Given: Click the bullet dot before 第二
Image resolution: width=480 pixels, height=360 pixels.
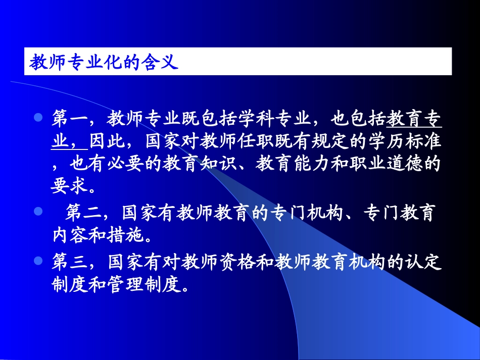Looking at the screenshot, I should (x=37, y=211).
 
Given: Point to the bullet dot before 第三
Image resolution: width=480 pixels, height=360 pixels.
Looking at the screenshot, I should (x=37, y=261).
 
